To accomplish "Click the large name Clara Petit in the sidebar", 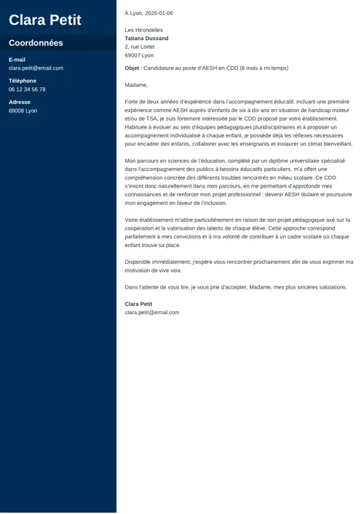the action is (x=44, y=20).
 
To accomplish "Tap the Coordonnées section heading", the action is (x=36, y=43).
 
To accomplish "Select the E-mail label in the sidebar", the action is (x=17, y=60).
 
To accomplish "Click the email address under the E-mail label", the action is (x=36, y=68).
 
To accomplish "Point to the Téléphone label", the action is (x=22, y=81).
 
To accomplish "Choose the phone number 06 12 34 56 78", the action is (x=27, y=89).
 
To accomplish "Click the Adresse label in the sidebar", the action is (x=20, y=103).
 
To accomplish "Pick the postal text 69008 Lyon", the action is (x=23, y=111).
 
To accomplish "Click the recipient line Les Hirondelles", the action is (x=143, y=30).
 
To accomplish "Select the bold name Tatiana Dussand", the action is (x=146, y=39).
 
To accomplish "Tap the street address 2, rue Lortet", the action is (x=140, y=47).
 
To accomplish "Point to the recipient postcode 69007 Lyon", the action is (x=139, y=55).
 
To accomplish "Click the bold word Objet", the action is (x=132, y=68).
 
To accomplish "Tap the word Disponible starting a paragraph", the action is (x=138, y=262).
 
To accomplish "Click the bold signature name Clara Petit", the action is (x=138, y=304).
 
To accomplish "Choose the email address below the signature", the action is (x=151, y=313).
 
